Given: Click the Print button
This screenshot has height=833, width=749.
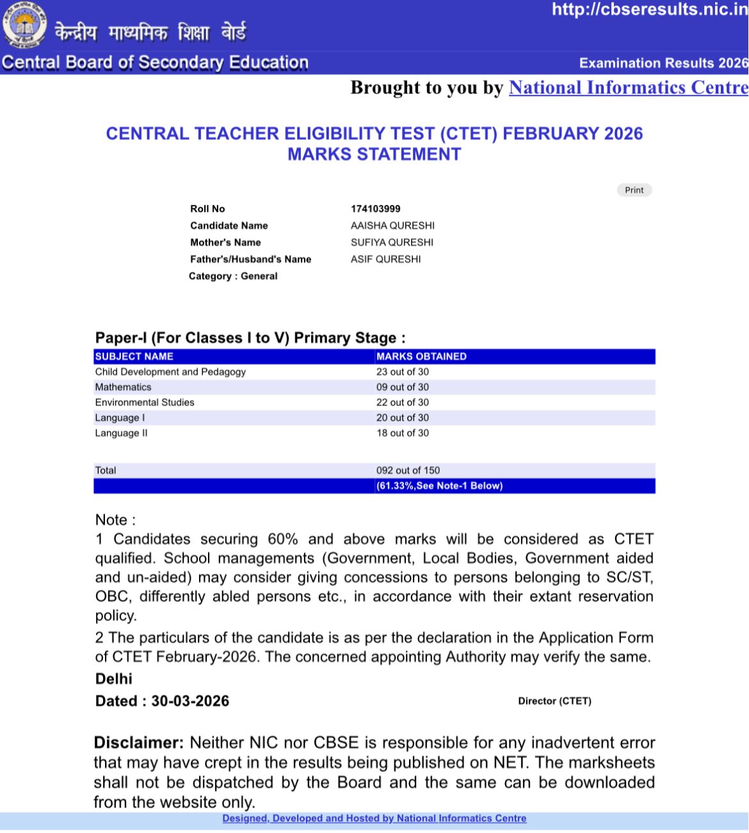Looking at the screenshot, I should click(634, 190).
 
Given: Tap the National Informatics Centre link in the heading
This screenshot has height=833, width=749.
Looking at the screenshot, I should click(628, 88).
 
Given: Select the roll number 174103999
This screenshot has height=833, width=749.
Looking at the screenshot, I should click(376, 209).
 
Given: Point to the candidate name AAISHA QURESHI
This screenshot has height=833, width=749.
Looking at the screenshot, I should click(392, 225).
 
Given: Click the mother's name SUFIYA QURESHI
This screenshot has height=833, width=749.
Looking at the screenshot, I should click(392, 242).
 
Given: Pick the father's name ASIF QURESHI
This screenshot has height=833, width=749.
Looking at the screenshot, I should click(385, 259).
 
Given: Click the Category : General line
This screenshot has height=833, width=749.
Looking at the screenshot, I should click(233, 276).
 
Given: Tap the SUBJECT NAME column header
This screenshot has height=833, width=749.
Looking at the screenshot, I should click(134, 357).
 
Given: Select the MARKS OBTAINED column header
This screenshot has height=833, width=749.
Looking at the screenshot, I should click(421, 357).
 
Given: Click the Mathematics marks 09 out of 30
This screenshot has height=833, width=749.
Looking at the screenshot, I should click(403, 387).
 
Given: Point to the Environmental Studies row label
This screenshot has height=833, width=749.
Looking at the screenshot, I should click(145, 403).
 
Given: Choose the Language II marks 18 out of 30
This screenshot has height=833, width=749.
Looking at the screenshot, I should click(403, 433).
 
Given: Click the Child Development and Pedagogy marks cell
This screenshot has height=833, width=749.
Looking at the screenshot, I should click(403, 372).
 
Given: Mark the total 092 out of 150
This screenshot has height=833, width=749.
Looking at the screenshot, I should click(408, 471).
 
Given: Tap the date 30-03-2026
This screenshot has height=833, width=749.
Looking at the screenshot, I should click(190, 701).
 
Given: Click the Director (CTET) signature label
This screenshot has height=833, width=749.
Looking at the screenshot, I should click(554, 701).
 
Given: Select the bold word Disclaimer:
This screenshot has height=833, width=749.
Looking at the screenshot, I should click(139, 743).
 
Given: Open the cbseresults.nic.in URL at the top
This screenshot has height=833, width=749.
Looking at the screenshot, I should click(649, 9).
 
